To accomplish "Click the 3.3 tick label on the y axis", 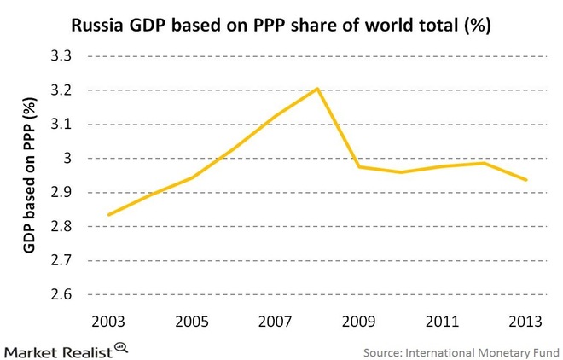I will pos(64,57).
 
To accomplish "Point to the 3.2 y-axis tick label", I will pos(64,91).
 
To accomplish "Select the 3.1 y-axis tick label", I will pos(64,125).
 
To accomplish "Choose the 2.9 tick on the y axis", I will pos(64,194).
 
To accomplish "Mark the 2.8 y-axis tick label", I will pos(64,228).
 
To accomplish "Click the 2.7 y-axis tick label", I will pos(64,262).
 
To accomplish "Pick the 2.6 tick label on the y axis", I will pos(64,296).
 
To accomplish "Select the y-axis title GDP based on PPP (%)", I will pos(29,176).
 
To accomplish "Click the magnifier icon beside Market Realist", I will pos(121,346).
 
